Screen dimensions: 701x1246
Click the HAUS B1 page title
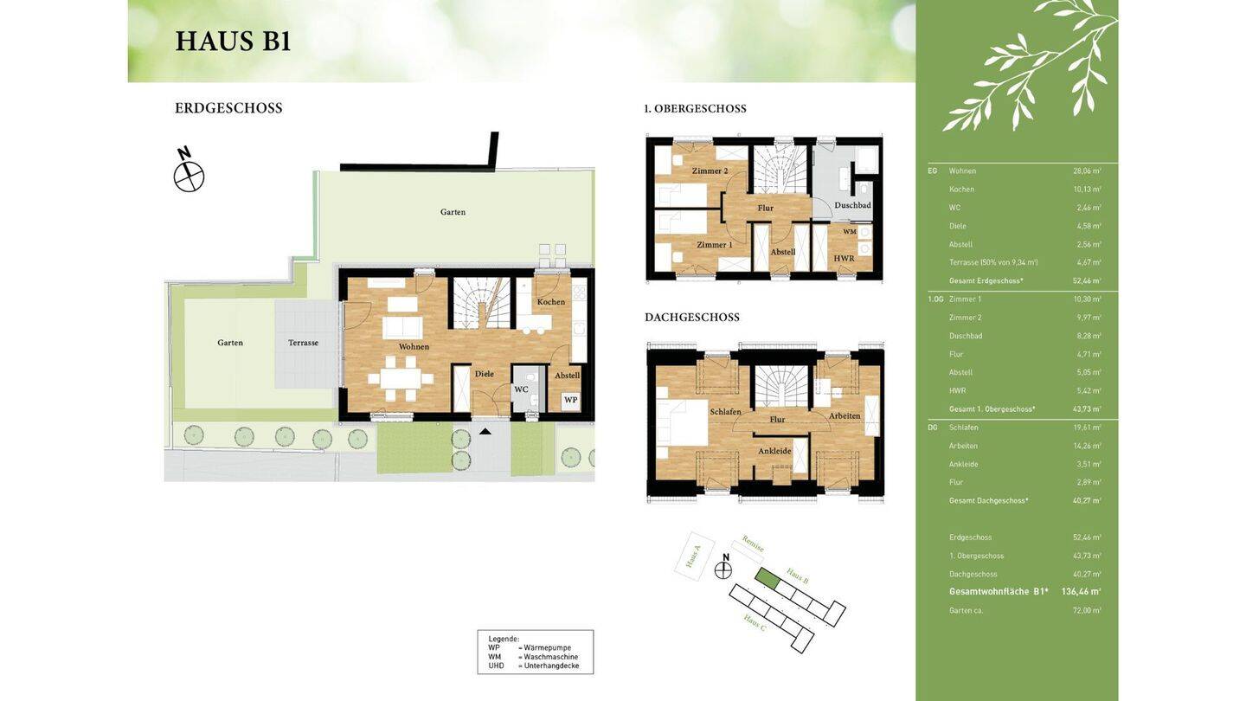(x=233, y=42)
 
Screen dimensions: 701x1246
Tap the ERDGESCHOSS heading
(x=228, y=108)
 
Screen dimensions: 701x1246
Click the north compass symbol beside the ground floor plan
(x=188, y=174)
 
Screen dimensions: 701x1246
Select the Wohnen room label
(x=414, y=347)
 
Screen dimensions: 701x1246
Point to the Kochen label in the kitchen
(x=550, y=302)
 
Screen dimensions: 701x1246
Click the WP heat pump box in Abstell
(x=570, y=400)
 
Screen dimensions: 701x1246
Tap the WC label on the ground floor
(x=521, y=389)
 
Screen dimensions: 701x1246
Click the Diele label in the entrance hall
(x=484, y=374)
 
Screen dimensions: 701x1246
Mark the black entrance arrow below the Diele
(x=485, y=431)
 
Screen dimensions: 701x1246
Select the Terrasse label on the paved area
(x=303, y=343)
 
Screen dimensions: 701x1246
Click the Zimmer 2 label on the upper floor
(x=710, y=171)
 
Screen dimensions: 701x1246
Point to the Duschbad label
(x=852, y=205)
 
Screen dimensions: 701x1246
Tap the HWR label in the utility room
(x=844, y=259)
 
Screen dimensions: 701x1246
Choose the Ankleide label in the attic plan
(x=774, y=451)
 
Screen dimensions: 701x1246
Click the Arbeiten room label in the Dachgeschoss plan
(x=845, y=416)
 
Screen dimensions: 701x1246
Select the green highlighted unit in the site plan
(x=768, y=579)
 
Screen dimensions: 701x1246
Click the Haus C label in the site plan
(x=755, y=622)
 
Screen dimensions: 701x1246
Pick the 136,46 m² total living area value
(x=1081, y=592)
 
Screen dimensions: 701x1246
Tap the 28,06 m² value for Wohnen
(x=1087, y=171)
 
